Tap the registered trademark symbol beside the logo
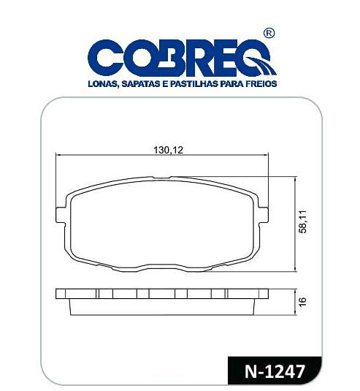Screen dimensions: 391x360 [269, 34]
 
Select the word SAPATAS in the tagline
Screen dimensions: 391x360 [145, 85]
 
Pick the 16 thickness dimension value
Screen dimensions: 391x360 [302, 301]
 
